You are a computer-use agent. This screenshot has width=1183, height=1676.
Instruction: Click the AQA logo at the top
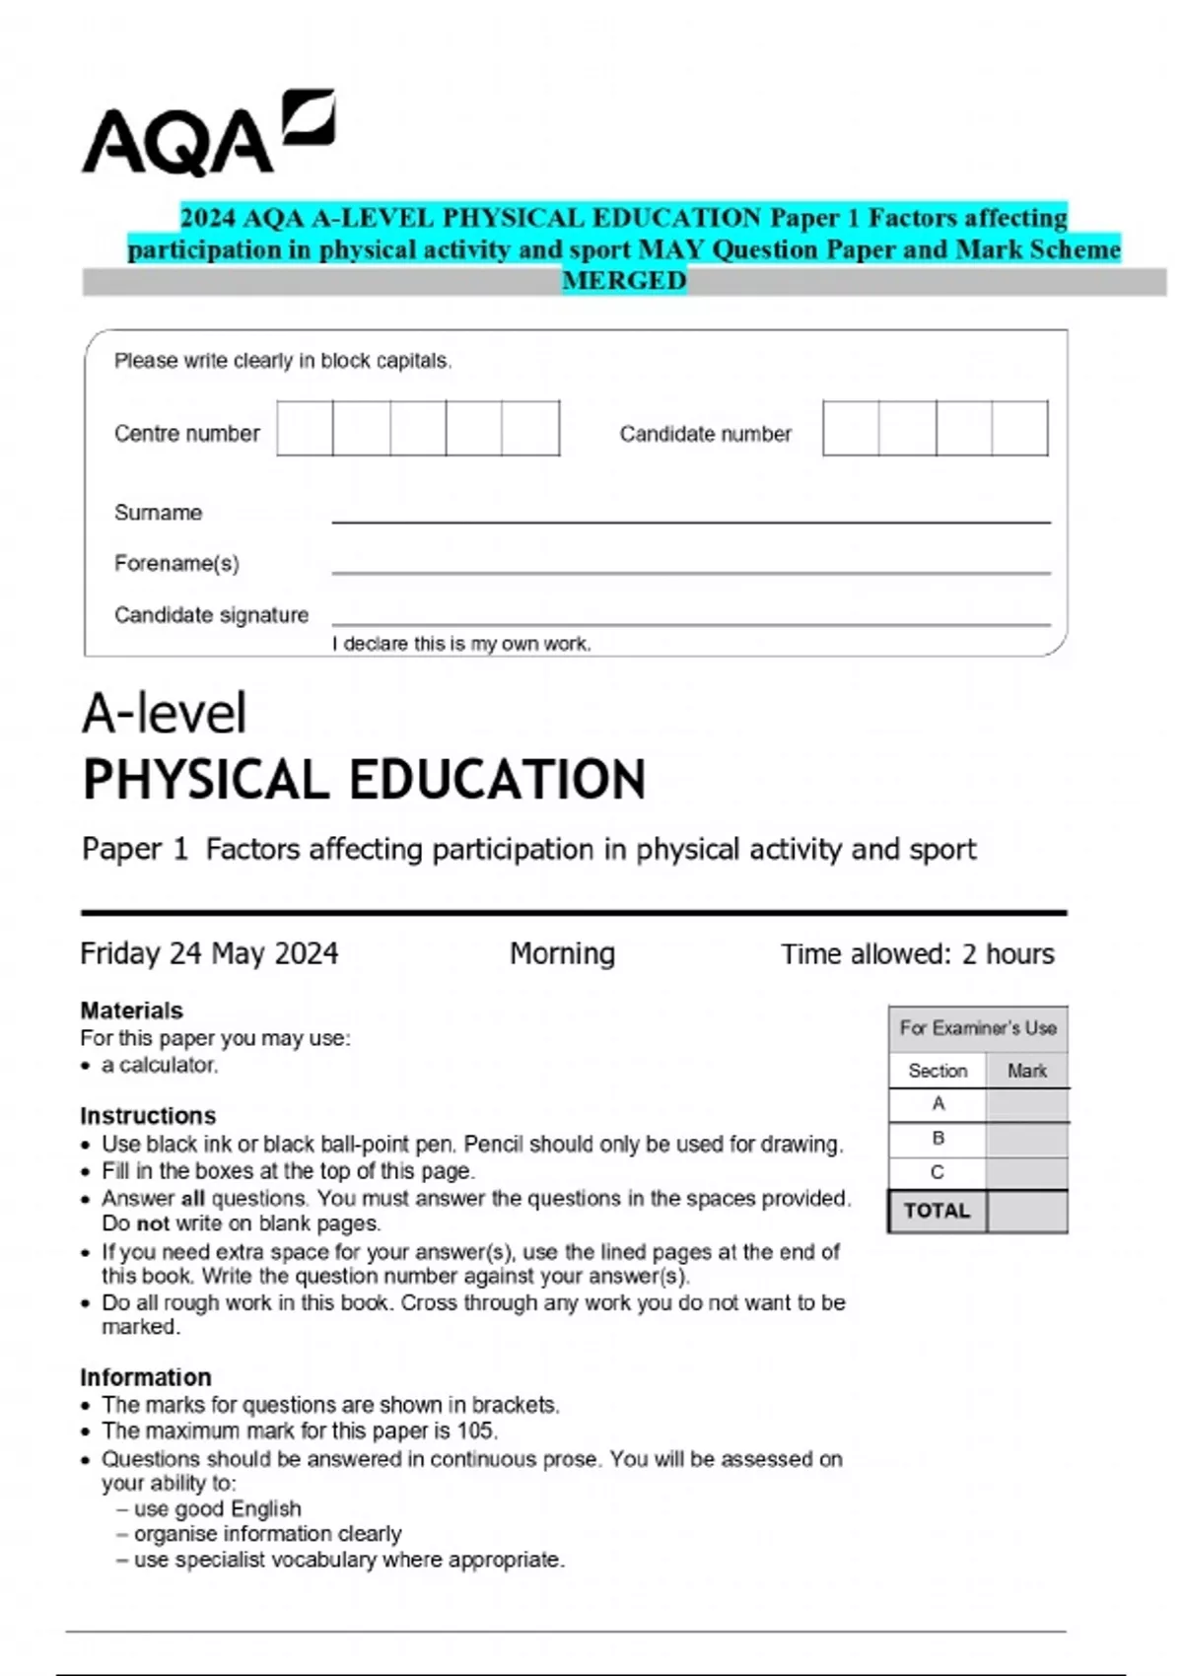207,135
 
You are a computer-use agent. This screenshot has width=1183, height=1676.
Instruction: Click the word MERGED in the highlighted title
624,281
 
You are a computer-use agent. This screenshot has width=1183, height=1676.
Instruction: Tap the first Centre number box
305,428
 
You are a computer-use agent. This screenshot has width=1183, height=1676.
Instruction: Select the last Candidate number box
1019,428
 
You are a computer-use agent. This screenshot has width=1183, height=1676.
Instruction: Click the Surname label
158,513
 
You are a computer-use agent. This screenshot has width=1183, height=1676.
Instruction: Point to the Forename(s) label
176,564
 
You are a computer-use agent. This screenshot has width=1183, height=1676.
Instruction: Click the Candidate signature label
211,615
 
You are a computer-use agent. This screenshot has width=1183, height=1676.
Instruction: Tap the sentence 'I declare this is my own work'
461,644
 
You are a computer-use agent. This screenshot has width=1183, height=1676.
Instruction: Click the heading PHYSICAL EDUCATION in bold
364,780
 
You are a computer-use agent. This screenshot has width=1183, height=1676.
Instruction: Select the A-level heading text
164,713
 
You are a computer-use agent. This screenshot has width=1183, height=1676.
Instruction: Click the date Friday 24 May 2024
209,953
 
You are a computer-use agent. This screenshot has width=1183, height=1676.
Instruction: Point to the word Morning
562,953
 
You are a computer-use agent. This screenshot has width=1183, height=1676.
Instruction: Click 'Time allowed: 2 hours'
917,954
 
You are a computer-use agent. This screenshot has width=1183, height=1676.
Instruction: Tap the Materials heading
131,1011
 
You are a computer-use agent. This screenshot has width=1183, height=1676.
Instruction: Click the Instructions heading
148,1116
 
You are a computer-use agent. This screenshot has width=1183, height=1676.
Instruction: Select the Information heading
145,1377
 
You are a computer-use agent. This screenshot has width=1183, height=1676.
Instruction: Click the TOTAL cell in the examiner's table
937,1211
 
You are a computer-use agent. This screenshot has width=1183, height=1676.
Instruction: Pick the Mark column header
1026,1071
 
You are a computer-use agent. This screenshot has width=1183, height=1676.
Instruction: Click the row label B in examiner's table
938,1138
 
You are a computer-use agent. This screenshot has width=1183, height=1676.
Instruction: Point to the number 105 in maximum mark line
475,1431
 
